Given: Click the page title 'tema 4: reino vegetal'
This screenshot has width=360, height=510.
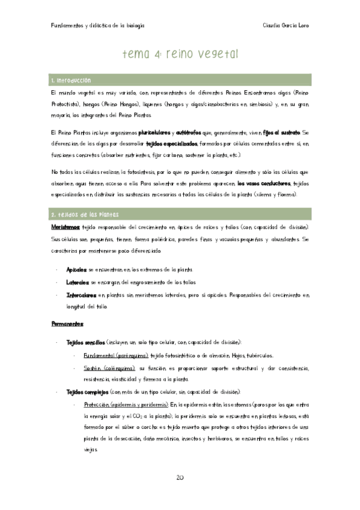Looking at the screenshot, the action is pyautogui.click(x=180, y=54).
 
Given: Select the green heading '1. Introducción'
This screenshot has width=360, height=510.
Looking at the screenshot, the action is pyautogui.click(x=71, y=80).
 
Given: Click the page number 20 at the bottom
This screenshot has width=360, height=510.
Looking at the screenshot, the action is pyautogui.click(x=180, y=478).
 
